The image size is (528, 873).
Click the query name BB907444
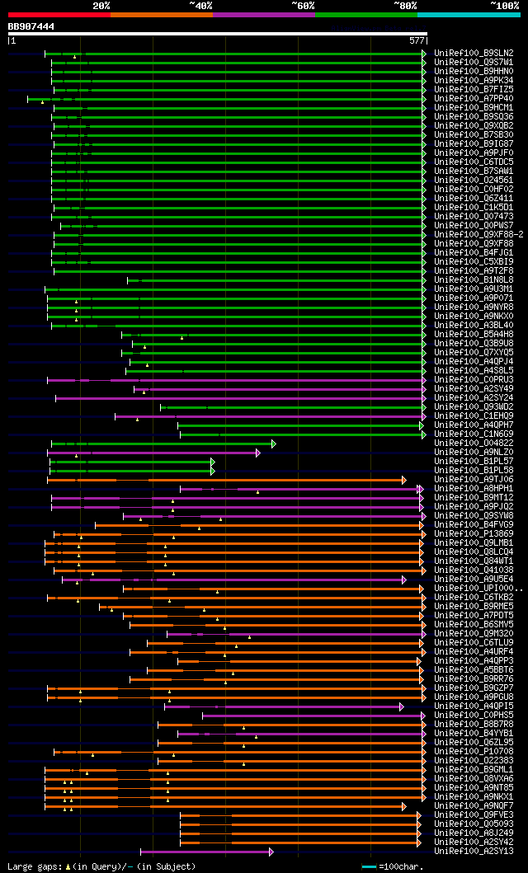pyautogui.click(x=31, y=26)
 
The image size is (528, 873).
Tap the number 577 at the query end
pyautogui.click(x=416, y=40)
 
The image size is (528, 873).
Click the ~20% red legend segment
pyautogui.click(x=59, y=14)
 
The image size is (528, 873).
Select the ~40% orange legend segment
pyautogui.click(x=161, y=14)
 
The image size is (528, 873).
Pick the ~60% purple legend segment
pyautogui.click(x=263, y=14)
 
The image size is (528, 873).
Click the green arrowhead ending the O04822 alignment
pyautogui.click(x=273, y=444)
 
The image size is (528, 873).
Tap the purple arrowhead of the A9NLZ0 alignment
pyautogui.click(x=257, y=453)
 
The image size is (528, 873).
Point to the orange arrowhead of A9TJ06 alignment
pyautogui.click(x=403, y=480)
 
